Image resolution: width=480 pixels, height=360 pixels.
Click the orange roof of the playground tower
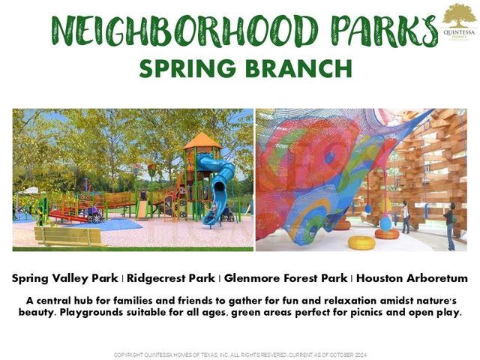202,141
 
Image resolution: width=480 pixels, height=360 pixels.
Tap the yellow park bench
70,236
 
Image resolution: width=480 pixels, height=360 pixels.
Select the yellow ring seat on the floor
362,242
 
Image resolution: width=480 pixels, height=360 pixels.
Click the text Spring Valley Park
64,278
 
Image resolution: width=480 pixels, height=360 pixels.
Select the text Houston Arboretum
412,278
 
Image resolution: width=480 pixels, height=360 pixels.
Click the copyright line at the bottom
239,354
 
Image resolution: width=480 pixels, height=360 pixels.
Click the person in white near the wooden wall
405,217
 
